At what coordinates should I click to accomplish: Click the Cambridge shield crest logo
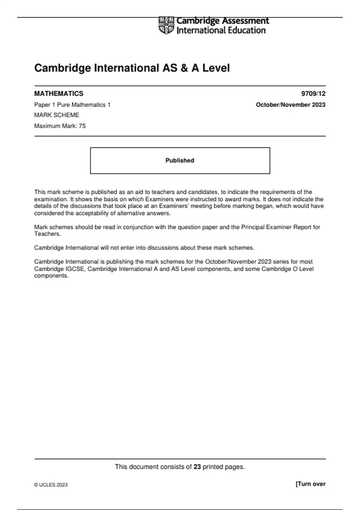166,25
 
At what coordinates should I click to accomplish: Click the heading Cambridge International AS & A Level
132,68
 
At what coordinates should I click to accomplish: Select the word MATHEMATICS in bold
59,94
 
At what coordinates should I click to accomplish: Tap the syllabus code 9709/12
313,94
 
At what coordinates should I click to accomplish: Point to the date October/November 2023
290,105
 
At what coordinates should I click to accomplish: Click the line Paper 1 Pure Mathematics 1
72,105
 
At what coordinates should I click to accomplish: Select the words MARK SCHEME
57,115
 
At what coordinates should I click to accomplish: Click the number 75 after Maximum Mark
82,126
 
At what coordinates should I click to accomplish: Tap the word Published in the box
180,160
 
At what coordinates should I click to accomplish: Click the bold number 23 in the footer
197,467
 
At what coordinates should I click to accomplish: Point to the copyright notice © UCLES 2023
51,485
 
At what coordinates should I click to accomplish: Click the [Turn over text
310,484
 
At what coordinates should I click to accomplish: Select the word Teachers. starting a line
47,234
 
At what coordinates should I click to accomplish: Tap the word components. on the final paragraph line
51,276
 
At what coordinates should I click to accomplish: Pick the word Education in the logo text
247,30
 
